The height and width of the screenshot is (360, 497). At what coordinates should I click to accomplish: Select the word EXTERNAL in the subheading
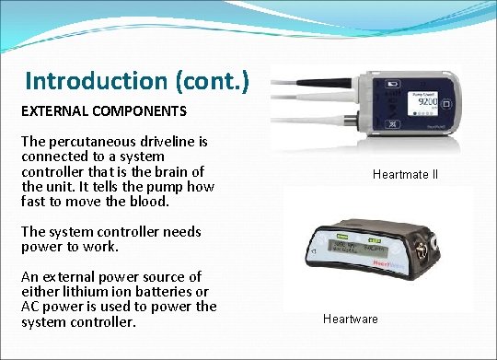pyautogui.click(x=52, y=112)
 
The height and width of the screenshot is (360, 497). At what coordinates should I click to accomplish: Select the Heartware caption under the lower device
pyautogui.click(x=351, y=319)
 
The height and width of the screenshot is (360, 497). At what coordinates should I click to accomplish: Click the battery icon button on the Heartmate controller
pyautogui.click(x=393, y=82)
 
